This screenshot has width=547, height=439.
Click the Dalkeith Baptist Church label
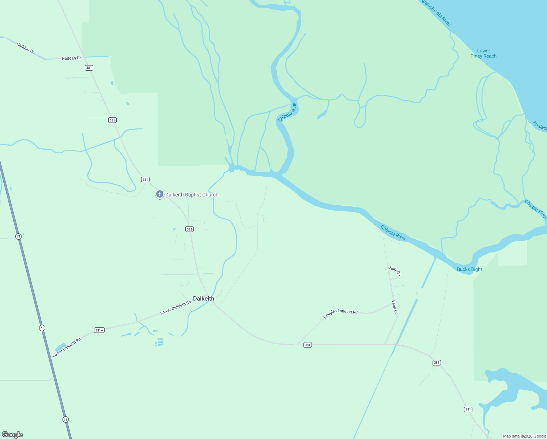(192, 195)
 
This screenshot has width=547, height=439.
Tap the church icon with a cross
(159, 194)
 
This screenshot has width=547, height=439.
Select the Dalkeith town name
(204, 299)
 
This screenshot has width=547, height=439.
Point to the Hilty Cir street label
(395, 271)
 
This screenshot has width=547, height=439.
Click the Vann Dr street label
(395, 307)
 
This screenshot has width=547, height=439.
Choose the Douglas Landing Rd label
(340, 313)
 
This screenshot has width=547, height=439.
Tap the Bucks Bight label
(469, 269)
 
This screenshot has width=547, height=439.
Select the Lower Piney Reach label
(483, 53)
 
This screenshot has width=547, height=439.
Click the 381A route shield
(99, 330)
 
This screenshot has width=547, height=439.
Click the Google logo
(12, 435)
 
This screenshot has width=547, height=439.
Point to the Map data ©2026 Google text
(524, 436)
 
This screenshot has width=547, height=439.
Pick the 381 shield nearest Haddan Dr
(89, 68)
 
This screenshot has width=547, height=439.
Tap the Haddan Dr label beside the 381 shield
(71, 58)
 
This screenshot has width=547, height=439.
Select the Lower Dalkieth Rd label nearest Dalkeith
(176, 308)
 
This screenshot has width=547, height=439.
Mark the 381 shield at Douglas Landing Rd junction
(308, 345)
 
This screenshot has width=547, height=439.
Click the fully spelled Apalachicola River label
(435, 13)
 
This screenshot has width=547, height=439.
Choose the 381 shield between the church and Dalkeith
(189, 229)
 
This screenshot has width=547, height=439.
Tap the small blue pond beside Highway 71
(60, 346)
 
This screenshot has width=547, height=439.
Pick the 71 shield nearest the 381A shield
(42, 328)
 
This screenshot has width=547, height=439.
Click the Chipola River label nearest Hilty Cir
(393, 233)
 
